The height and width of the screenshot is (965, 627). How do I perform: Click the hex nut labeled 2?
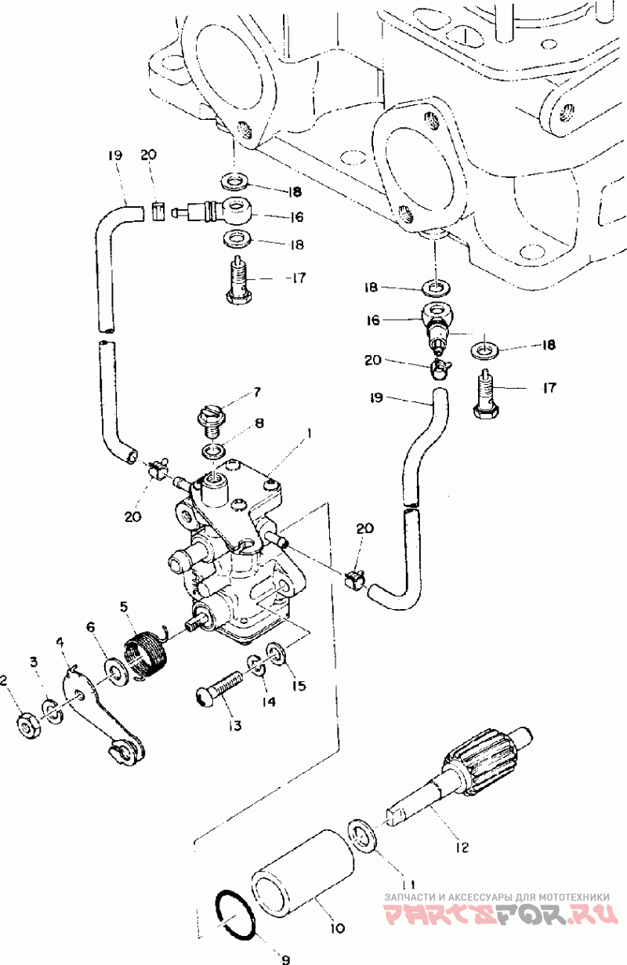pos(29,728)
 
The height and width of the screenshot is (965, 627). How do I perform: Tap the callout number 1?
pos(308,433)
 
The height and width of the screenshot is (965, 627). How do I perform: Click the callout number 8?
pos(259,423)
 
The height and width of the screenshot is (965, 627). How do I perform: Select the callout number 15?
pos(299,684)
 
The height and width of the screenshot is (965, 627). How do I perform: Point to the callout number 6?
pos(91,627)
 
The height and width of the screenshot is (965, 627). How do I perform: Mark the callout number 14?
pos(268,702)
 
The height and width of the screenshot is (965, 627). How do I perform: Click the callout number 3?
pos(33,662)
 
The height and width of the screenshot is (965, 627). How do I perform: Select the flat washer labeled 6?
pos(115,671)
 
